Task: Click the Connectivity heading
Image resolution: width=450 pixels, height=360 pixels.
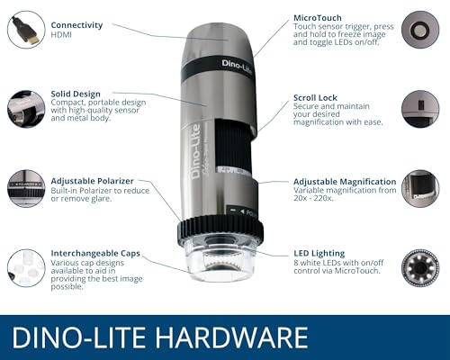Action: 76,25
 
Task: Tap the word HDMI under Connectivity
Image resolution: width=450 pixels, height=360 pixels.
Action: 61,35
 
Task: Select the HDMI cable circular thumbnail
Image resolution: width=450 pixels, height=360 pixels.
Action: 26,30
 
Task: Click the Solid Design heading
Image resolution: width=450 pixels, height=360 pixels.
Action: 76,94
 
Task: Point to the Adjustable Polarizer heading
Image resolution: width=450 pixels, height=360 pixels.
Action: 92,181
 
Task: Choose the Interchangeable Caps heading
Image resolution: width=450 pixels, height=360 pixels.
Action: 95,254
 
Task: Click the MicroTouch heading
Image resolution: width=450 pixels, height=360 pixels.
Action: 318,18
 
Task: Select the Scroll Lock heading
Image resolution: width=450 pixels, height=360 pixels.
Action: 315,98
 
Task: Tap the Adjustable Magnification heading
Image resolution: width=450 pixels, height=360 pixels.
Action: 345,182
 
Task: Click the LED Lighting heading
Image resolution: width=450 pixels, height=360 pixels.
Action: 319,254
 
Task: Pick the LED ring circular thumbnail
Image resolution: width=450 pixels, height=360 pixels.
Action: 420,268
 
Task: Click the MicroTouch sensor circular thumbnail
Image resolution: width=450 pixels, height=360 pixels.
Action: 420,30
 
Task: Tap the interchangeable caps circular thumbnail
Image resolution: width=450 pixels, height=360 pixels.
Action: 26,268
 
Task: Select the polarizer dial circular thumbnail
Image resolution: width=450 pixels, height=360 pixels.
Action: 26,188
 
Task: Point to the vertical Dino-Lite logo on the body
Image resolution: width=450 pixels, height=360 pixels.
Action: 196,152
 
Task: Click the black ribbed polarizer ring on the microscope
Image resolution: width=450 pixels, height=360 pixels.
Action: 220,230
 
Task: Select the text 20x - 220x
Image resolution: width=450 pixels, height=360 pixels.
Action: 313,198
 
